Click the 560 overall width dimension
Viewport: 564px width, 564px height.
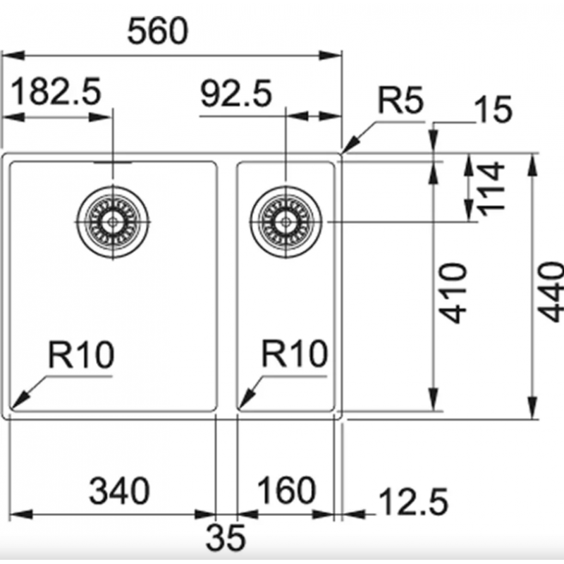[157, 31]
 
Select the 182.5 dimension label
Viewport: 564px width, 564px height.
[56, 92]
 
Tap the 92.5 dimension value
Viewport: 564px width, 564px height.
[236, 94]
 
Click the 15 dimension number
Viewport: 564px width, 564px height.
[493, 109]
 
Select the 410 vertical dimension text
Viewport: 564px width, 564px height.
[453, 293]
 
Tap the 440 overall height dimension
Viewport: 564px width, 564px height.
[550, 292]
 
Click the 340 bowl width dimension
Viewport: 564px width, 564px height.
[119, 491]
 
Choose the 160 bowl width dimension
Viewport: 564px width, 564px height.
[287, 490]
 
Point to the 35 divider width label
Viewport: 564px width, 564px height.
[226, 538]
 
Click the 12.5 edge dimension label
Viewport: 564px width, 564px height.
[414, 502]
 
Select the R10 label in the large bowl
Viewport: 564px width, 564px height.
[81, 355]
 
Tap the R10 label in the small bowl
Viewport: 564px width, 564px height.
[295, 354]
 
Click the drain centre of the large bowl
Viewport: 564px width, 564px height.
[113, 222]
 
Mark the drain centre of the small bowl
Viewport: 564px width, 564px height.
[286, 222]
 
